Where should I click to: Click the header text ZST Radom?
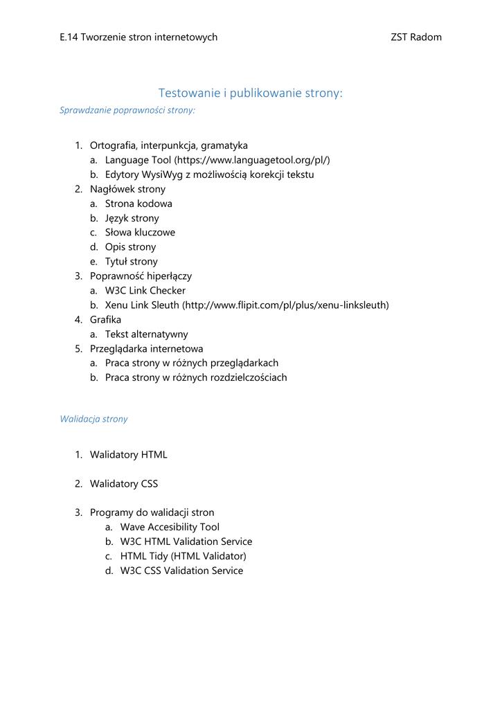416,37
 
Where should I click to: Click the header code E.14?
69,37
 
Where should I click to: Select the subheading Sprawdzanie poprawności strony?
127,109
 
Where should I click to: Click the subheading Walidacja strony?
93,419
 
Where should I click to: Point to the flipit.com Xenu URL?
285,305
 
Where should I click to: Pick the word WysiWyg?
162,174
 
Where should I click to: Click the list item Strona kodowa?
138,204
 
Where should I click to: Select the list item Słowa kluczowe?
140,233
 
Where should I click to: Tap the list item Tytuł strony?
131,262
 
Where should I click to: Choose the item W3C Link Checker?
145,291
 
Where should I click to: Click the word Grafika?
105,320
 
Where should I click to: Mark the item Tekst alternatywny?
146,334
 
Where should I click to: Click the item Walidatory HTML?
128,455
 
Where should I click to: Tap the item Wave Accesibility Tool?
170,528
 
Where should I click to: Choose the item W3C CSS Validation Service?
181,571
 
